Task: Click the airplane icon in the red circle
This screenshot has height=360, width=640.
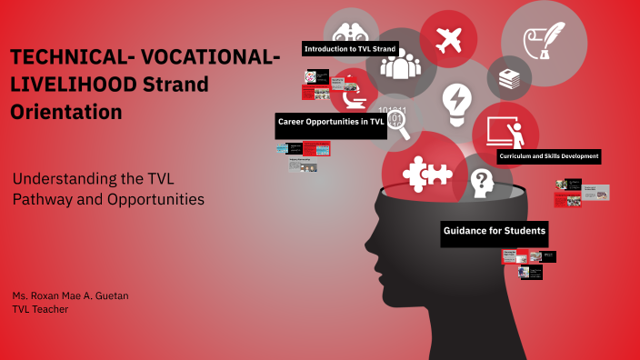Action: pyautogui.click(x=449, y=40)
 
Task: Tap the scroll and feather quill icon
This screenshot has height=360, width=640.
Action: pyautogui.click(x=544, y=38)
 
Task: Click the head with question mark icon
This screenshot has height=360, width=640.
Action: pyautogui.click(x=481, y=184)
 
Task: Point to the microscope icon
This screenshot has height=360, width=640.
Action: pyautogui.click(x=350, y=99)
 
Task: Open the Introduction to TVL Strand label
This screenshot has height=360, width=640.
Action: pyautogui.click(x=349, y=48)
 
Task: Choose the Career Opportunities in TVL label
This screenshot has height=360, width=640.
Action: pyautogui.click(x=331, y=121)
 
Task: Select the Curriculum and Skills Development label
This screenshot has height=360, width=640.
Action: pyautogui.click(x=548, y=156)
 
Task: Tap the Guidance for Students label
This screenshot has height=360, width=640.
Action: pyautogui.click(x=495, y=231)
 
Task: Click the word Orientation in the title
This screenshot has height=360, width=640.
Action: pyautogui.click(x=65, y=112)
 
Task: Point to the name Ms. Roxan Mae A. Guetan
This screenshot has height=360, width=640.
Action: pyautogui.click(x=70, y=297)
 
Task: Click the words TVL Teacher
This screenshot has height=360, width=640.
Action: pyautogui.click(x=40, y=310)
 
